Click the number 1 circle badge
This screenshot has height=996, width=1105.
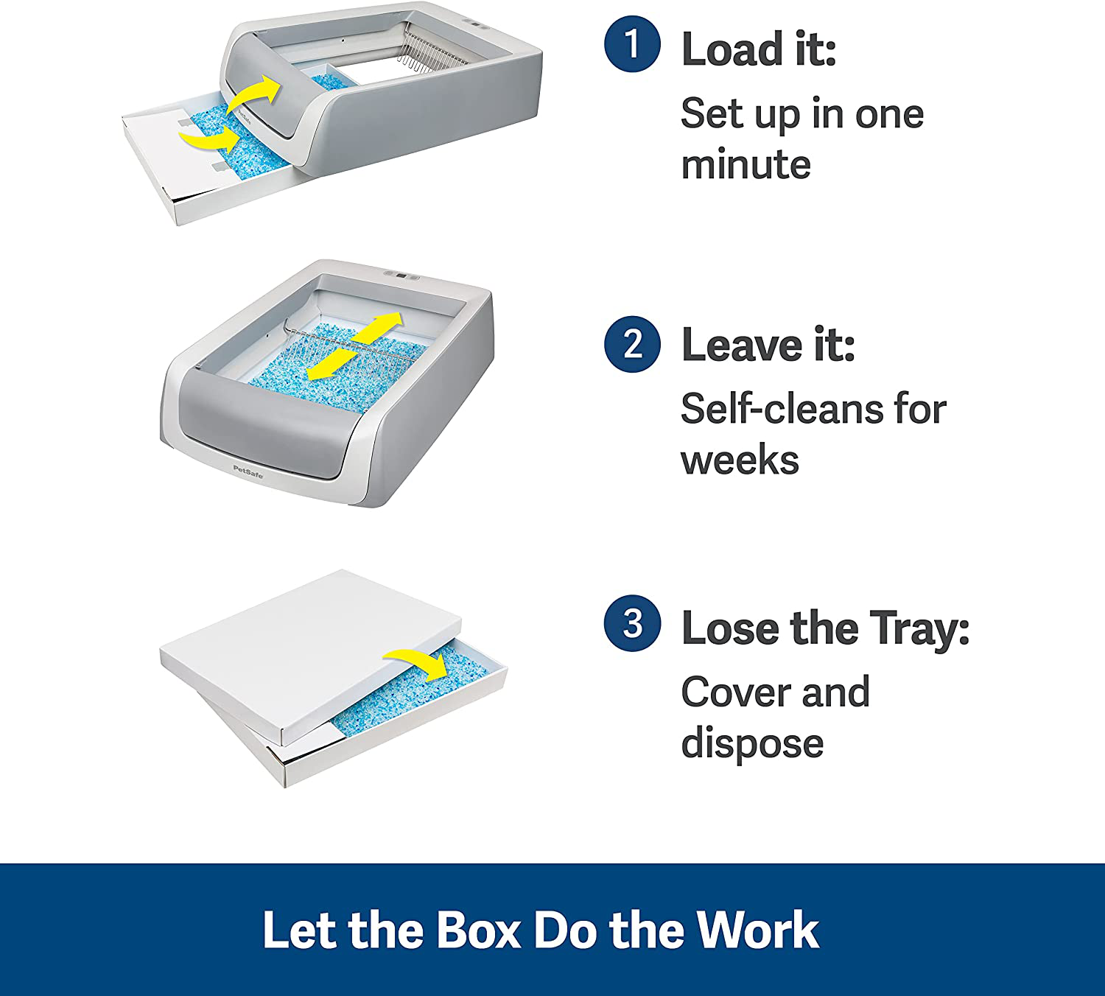coord(632,44)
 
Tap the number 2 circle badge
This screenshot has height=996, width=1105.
coord(632,344)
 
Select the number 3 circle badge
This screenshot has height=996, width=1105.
coord(632,623)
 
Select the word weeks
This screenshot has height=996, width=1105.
coord(740,460)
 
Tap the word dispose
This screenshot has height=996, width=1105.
coord(752,744)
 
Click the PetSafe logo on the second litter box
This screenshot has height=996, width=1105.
coord(248,471)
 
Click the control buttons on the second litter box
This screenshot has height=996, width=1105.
coord(401,275)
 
